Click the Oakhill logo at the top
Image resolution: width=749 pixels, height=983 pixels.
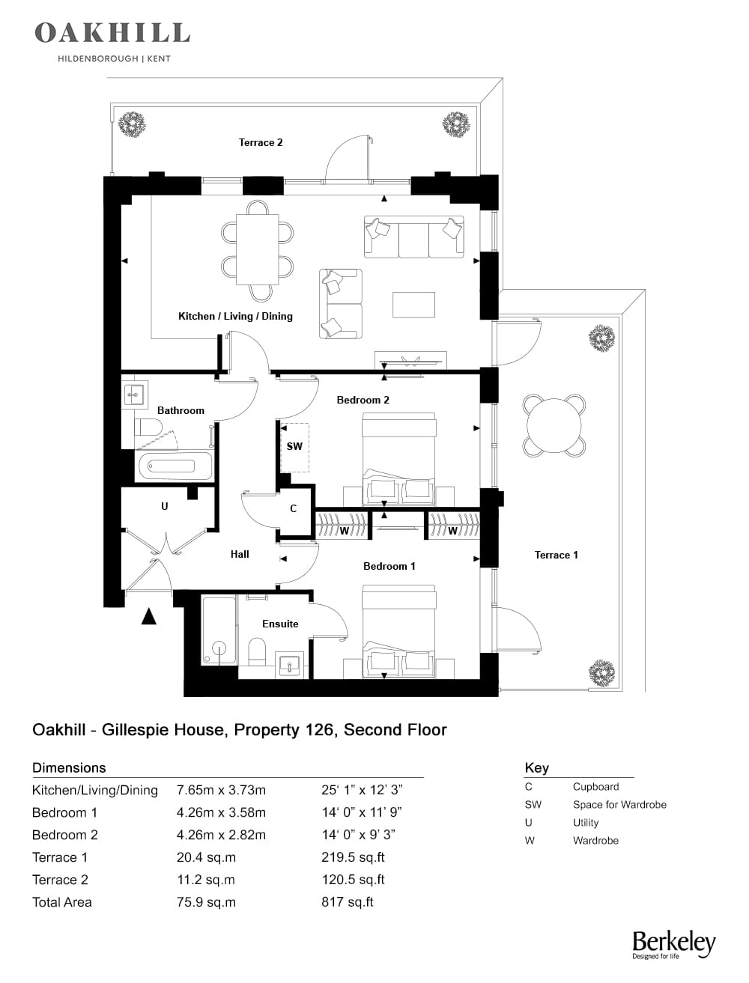(112, 40)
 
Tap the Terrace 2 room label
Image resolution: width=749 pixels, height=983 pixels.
(260, 142)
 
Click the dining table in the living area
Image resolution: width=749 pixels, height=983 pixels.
(257, 249)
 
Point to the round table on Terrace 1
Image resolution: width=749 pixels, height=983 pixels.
(554, 425)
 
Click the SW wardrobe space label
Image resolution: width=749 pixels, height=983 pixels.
(294, 446)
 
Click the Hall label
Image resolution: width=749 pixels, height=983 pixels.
(240, 554)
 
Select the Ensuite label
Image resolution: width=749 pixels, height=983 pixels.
(280, 624)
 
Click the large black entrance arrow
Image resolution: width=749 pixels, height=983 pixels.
(149, 616)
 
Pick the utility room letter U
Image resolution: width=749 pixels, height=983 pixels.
(164, 506)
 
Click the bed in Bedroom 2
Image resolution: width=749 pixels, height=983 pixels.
(398, 459)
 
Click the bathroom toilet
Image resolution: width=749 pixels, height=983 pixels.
(148, 427)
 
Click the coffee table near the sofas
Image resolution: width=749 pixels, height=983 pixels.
(413, 305)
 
